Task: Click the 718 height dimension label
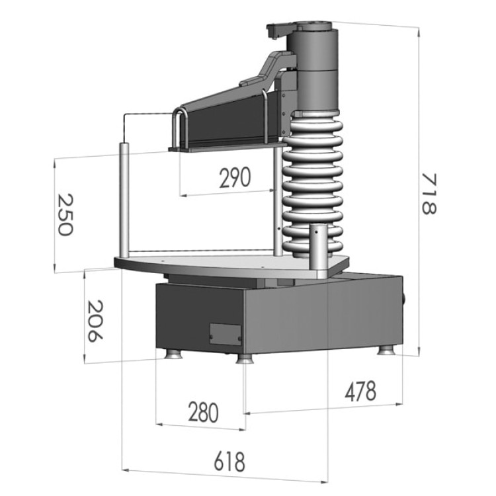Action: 429,194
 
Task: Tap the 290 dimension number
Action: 235,177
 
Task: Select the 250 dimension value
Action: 65,214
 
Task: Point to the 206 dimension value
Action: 95,321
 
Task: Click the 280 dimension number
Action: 204,413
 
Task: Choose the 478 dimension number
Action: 360,391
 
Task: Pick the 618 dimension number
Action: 229,462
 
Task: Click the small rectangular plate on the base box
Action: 226,334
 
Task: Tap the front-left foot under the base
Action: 173,354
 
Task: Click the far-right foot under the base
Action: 388,351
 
